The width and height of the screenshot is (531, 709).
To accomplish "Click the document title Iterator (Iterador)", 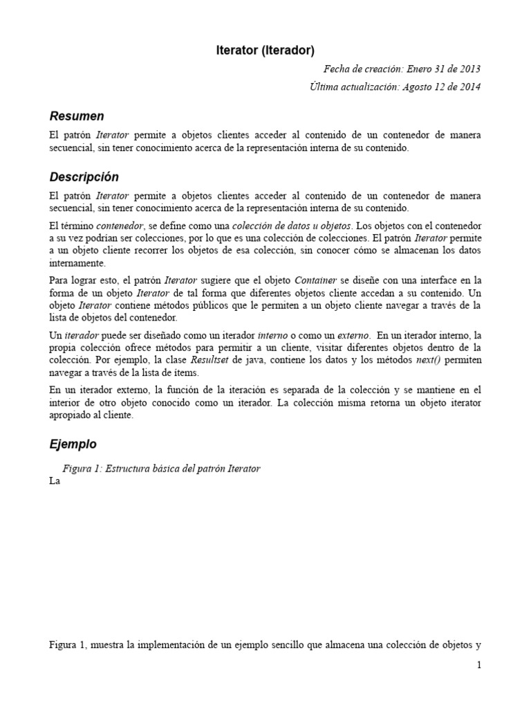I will [265, 50].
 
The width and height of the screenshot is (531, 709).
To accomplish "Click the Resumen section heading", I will [77, 116].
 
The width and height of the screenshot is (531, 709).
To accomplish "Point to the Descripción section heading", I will [84, 177].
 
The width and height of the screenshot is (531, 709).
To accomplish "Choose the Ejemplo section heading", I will [73, 444].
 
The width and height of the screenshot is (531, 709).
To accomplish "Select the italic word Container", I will [315, 280].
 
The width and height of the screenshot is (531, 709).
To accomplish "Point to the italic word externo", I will [353, 335].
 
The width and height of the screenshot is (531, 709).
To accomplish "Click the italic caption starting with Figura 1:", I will [161, 469].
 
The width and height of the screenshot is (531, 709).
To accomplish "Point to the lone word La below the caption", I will [55, 482].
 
